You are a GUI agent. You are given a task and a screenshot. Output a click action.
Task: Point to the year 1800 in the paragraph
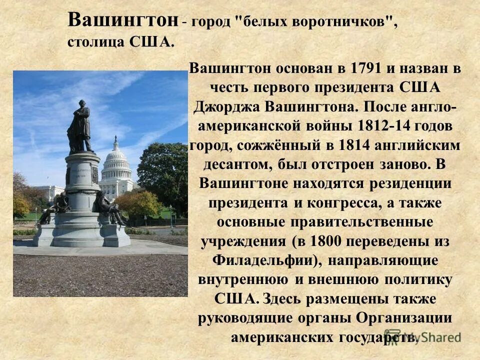pos(326,241)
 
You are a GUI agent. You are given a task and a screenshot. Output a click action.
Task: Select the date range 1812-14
pos(384,126)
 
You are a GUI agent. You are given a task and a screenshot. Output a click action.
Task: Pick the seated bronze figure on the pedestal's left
pos(55,207)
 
